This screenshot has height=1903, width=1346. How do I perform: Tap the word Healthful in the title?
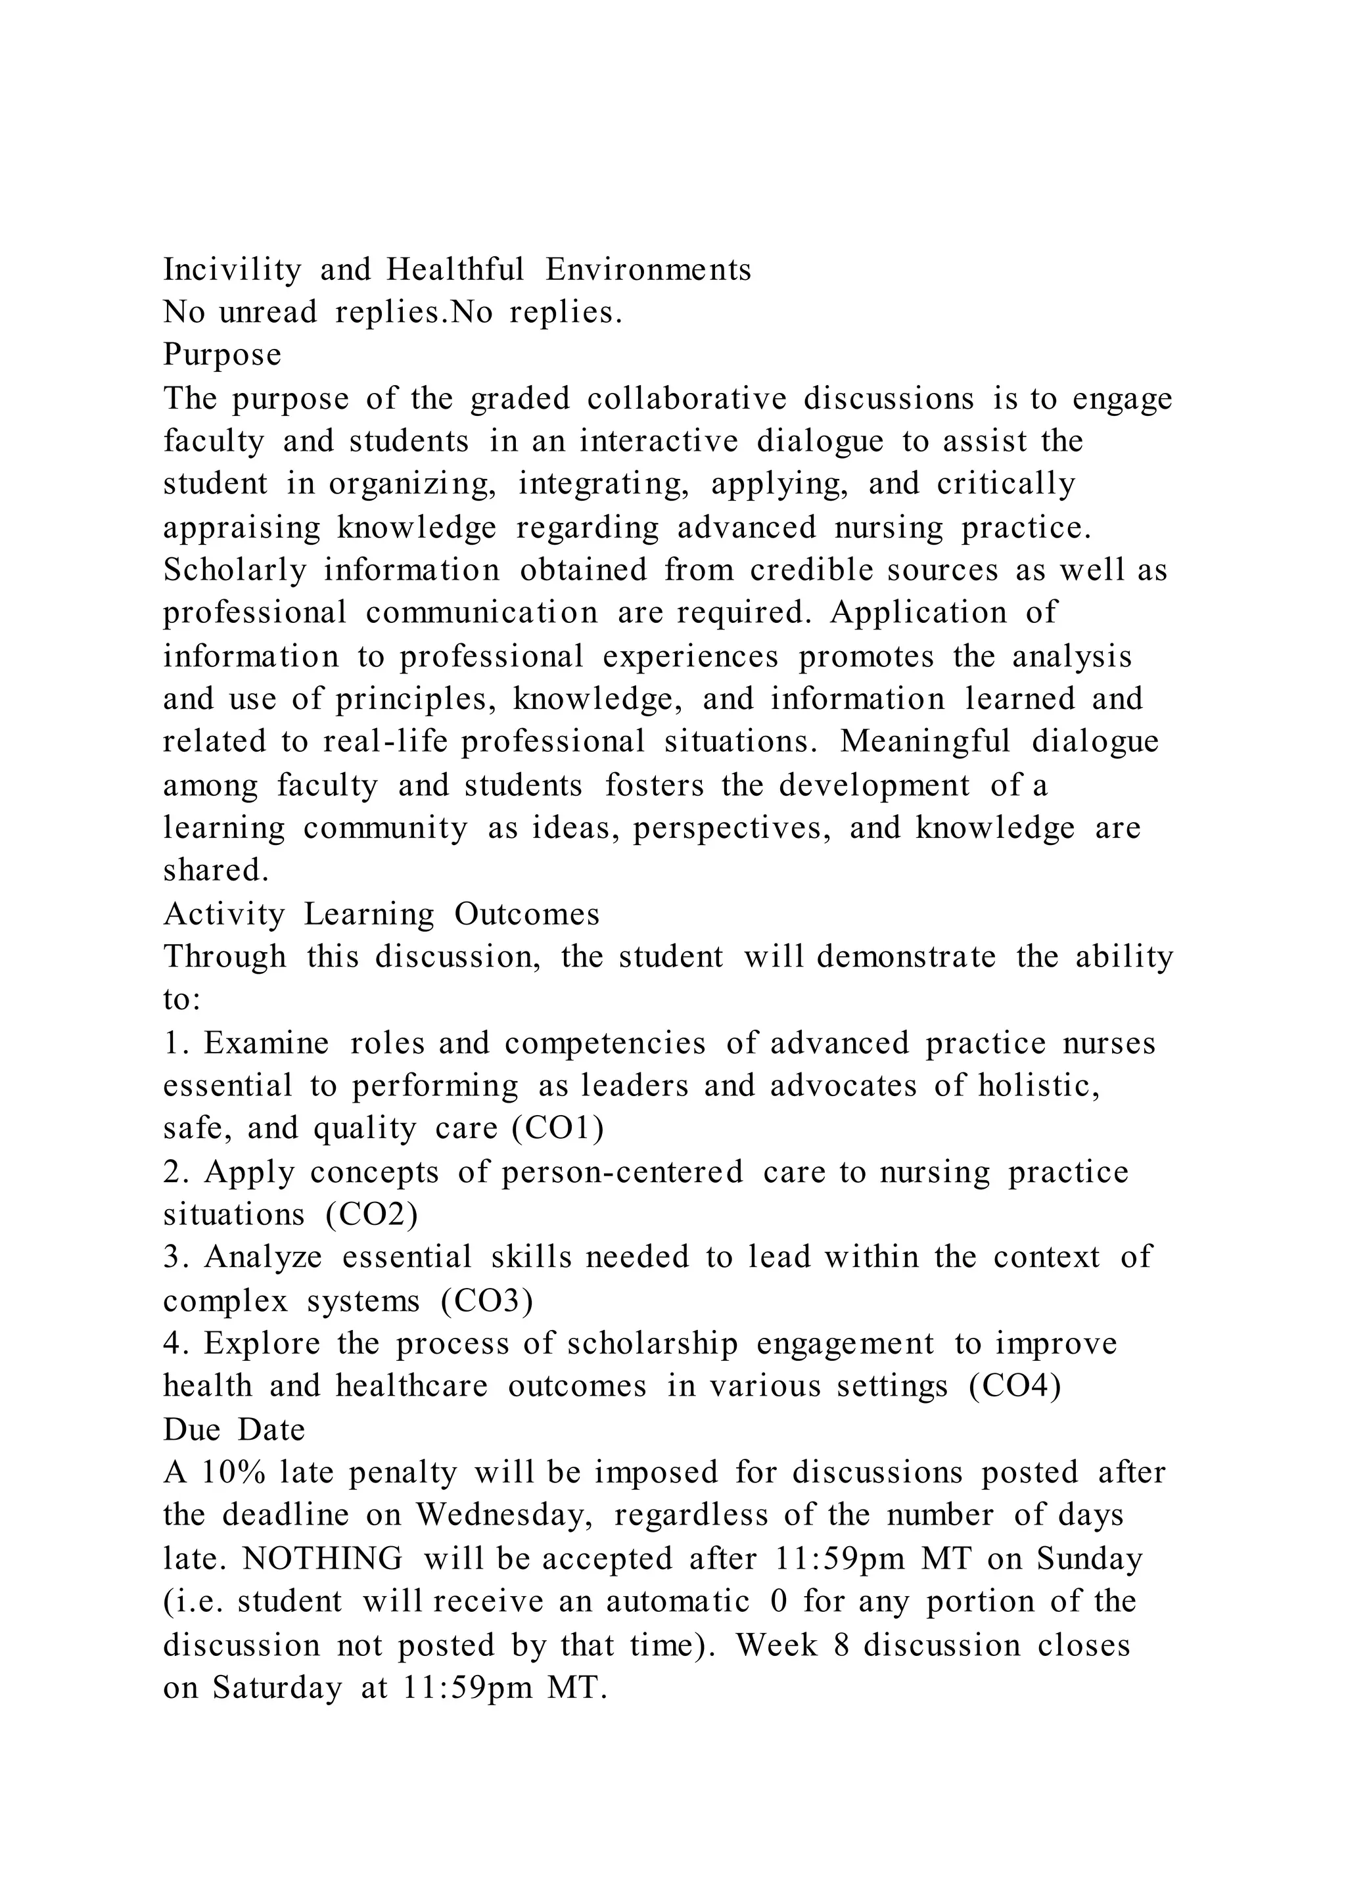454,270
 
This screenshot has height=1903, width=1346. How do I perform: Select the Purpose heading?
222,355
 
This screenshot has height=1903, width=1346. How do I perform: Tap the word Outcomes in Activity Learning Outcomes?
526,913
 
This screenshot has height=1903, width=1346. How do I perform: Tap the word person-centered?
622,1172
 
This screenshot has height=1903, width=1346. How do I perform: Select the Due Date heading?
234,1430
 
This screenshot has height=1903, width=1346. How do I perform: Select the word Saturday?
277,1687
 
